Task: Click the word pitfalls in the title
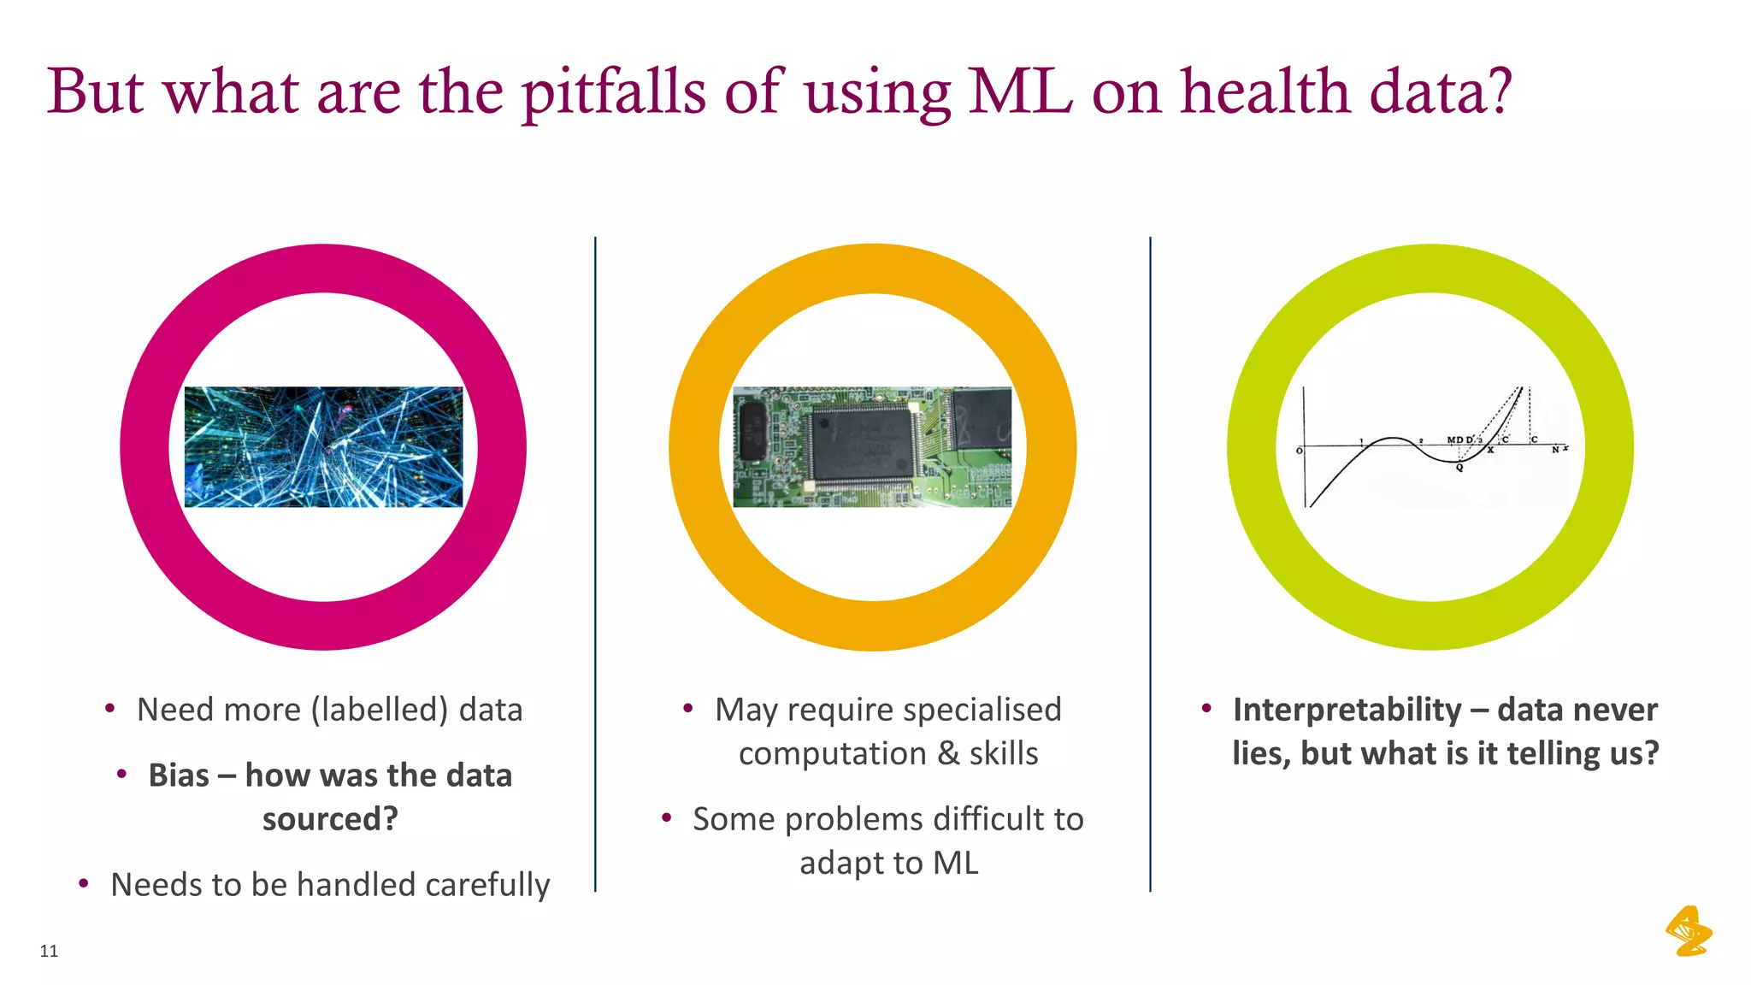pos(614,92)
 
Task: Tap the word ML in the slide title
pos(1020,92)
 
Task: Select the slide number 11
pos(49,951)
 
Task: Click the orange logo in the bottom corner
pos(1689,931)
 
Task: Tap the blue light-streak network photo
pos(323,446)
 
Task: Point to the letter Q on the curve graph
pos(1459,468)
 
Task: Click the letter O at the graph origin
pos(1300,451)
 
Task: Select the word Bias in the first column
pos(179,776)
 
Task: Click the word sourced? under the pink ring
pos(330,819)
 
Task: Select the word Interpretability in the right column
pos(1347,711)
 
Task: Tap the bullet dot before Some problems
pos(666,817)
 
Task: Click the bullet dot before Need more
pos(109,708)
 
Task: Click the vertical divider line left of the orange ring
pos(595,564)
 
